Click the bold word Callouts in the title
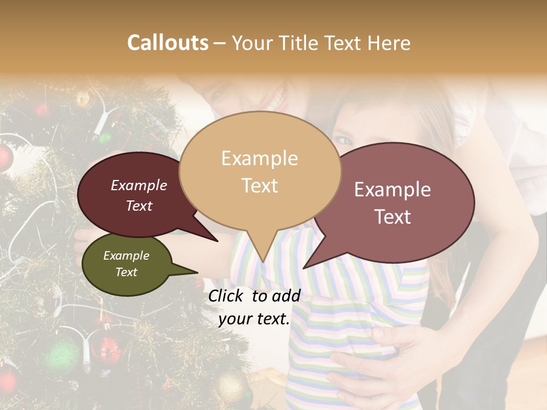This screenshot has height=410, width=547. click(x=168, y=43)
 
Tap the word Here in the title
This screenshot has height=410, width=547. click(x=389, y=43)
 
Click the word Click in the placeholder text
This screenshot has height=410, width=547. click(x=228, y=296)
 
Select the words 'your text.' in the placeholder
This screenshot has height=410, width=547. click(x=254, y=319)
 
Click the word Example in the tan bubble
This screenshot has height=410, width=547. click(x=259, y=158)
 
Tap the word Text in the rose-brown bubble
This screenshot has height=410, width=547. click(x=393, y=216)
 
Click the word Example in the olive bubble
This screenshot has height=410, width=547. click(x=126, y=256)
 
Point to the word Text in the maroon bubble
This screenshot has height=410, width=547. click(x=139, y=206)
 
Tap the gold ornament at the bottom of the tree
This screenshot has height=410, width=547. click(x=231, y=387)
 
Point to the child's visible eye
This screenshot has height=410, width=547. click(x=342, y=140)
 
